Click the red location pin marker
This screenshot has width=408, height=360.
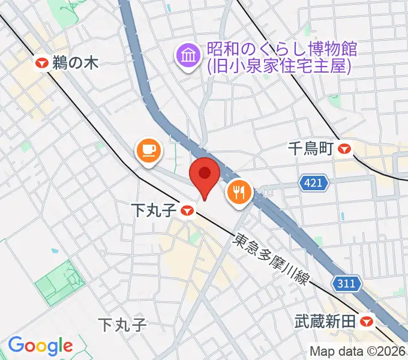[x=205, y=176]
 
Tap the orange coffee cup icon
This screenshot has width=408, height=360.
[x=148, y=150]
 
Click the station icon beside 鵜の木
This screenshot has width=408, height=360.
[x=42, y=62]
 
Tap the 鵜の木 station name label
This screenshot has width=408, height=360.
[x=75, y=62]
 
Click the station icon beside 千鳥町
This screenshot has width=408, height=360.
[x=345, y=149]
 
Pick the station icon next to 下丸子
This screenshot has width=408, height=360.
[x=187, y=210]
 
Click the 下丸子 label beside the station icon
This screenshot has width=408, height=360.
[x=154, y=210]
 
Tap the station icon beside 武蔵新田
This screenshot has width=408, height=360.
[x=368, y=322]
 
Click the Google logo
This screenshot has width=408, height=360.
[x=40, y=345]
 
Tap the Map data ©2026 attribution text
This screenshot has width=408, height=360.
[x=358, y=352]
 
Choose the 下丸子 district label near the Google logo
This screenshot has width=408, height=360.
[x=122, y=325]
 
